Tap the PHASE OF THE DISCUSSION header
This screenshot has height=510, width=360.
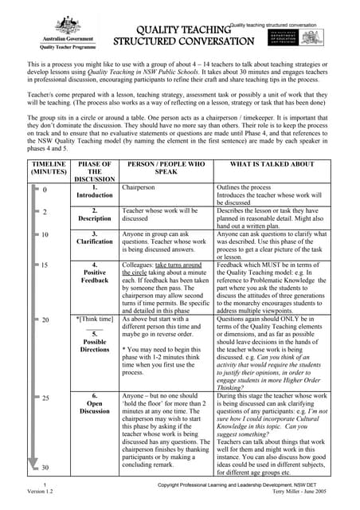click(95, 171)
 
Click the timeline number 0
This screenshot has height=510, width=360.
click(45, 190)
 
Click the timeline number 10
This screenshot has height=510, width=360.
click(46, 235)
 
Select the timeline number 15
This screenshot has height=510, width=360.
click(46, 265)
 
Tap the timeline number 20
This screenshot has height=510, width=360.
click(46, 320)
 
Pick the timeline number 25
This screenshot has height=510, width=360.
click(46, 397)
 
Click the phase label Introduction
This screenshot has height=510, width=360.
click(95, 194)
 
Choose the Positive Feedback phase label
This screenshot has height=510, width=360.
click(95, 275)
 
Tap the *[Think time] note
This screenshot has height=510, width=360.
click(95, 319)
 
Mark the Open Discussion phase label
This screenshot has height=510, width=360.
click(95, 407)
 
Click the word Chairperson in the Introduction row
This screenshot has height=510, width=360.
click(140, 188)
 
